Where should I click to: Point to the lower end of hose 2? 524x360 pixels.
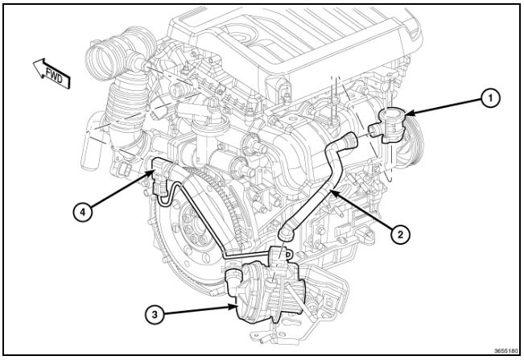tap(283, 233)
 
